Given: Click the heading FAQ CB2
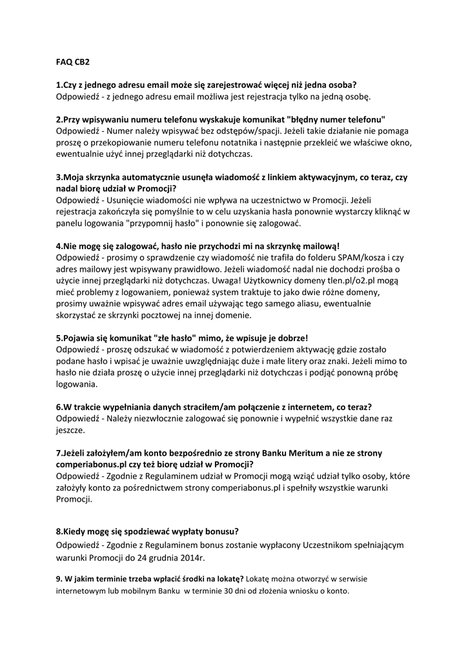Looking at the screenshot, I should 72,63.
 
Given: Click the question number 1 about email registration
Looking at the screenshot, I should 59,85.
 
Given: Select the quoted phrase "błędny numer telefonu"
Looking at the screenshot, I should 337,119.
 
